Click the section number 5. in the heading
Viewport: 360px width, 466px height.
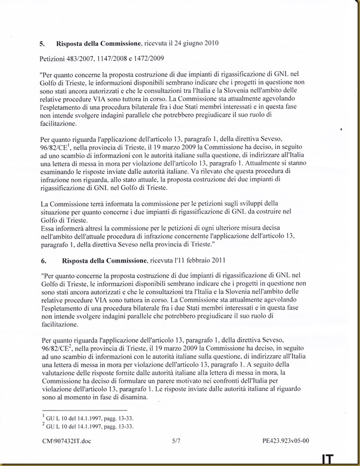[42, 44]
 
